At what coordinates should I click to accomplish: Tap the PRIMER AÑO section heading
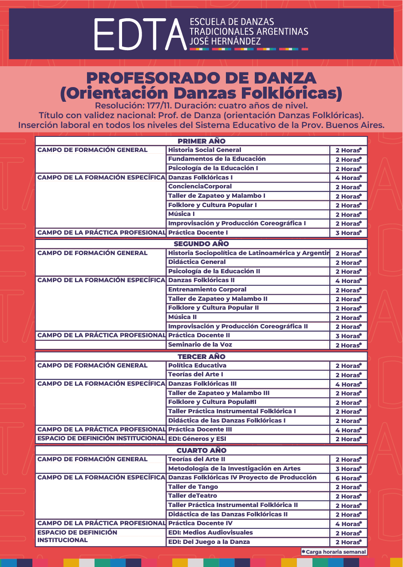pos(201,141)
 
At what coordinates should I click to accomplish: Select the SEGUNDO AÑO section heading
pos(201,244)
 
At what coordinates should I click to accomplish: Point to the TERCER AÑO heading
pos(201,356)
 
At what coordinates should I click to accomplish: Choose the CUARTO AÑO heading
pos(201,450)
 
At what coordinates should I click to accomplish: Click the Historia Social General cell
pos(205,150)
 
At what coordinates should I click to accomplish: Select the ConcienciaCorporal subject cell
pos(200,187)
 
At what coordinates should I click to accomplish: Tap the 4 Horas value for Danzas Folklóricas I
pos(348,178)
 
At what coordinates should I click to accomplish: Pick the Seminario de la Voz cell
pos(200,345)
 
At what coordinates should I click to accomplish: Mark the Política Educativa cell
pos(197,365)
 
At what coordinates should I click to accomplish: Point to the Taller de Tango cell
pos(193,487)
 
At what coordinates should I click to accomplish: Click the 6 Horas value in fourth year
pos(348,478)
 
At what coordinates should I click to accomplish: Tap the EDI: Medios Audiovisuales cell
pos(210,532)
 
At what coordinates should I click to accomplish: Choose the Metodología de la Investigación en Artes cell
pos(234,468)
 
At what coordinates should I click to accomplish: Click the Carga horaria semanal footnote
pos(334,552)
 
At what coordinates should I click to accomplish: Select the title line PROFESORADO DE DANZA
pos(201,78)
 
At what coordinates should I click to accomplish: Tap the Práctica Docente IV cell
pos(200,523)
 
